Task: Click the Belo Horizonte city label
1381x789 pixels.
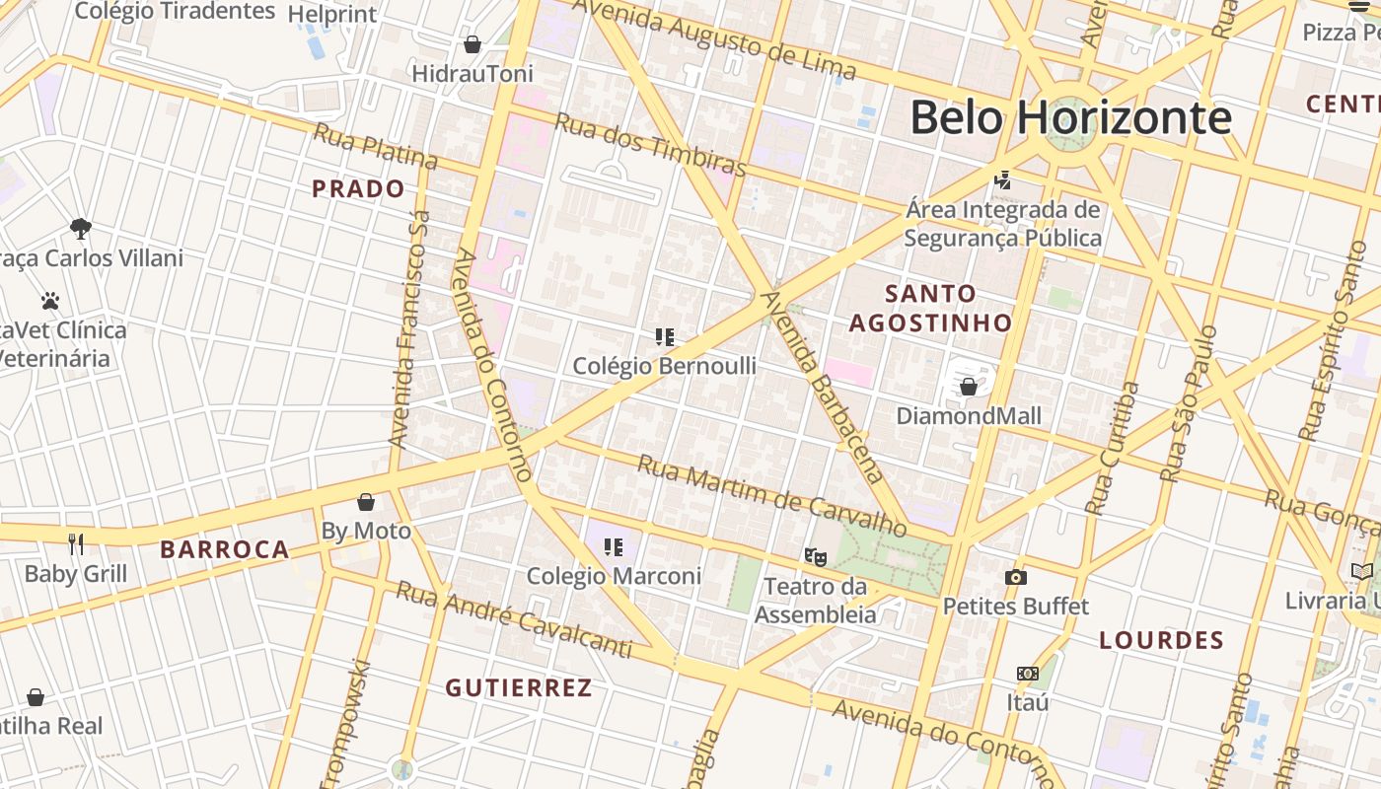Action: [1070, 117]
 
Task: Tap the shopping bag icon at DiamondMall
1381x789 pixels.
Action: [969, 387]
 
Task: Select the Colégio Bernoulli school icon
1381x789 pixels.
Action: [665, 337]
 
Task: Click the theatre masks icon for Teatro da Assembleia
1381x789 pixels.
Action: [815, 557]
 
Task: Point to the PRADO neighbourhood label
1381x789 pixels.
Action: [358, 188]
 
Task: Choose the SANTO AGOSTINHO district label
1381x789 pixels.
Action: [930, 308]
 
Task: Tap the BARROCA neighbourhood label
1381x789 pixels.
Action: [225, 549]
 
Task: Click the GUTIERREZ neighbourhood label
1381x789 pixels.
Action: [519, 687]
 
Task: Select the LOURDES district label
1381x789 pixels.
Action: [1161, 640]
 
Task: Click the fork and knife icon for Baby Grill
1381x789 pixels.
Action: [76, 543]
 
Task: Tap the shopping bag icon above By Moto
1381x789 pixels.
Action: [366, 502]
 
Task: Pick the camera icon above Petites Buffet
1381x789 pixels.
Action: [1016, 577]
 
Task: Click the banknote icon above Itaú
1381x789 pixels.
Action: [1028, 674]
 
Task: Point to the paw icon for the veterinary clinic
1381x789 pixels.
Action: [50, 300]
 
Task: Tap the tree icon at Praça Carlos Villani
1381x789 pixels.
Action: [81, 229]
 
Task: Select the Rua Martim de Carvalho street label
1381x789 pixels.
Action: [771, 495]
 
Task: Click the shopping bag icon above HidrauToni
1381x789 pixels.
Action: [472, 44]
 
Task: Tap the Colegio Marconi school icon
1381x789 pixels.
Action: [614, 546]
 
